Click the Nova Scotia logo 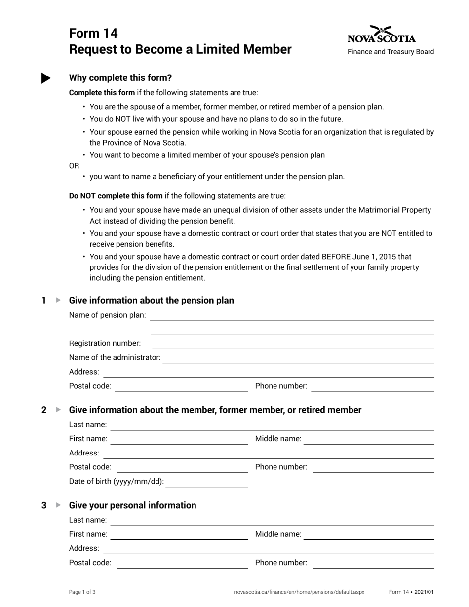[x=382, y=35]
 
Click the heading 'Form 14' [x=93, y=33]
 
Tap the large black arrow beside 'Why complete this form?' [x=46, y=78]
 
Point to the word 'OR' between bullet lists [x=74, y=166]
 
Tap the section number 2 [x=44, y=410]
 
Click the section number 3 [x=44, y=505]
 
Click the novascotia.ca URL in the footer [x=299, y=592]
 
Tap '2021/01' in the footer [x=424, y=592]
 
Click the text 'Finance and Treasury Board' [x=391, y=52]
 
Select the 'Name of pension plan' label [x=108, y=315]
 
